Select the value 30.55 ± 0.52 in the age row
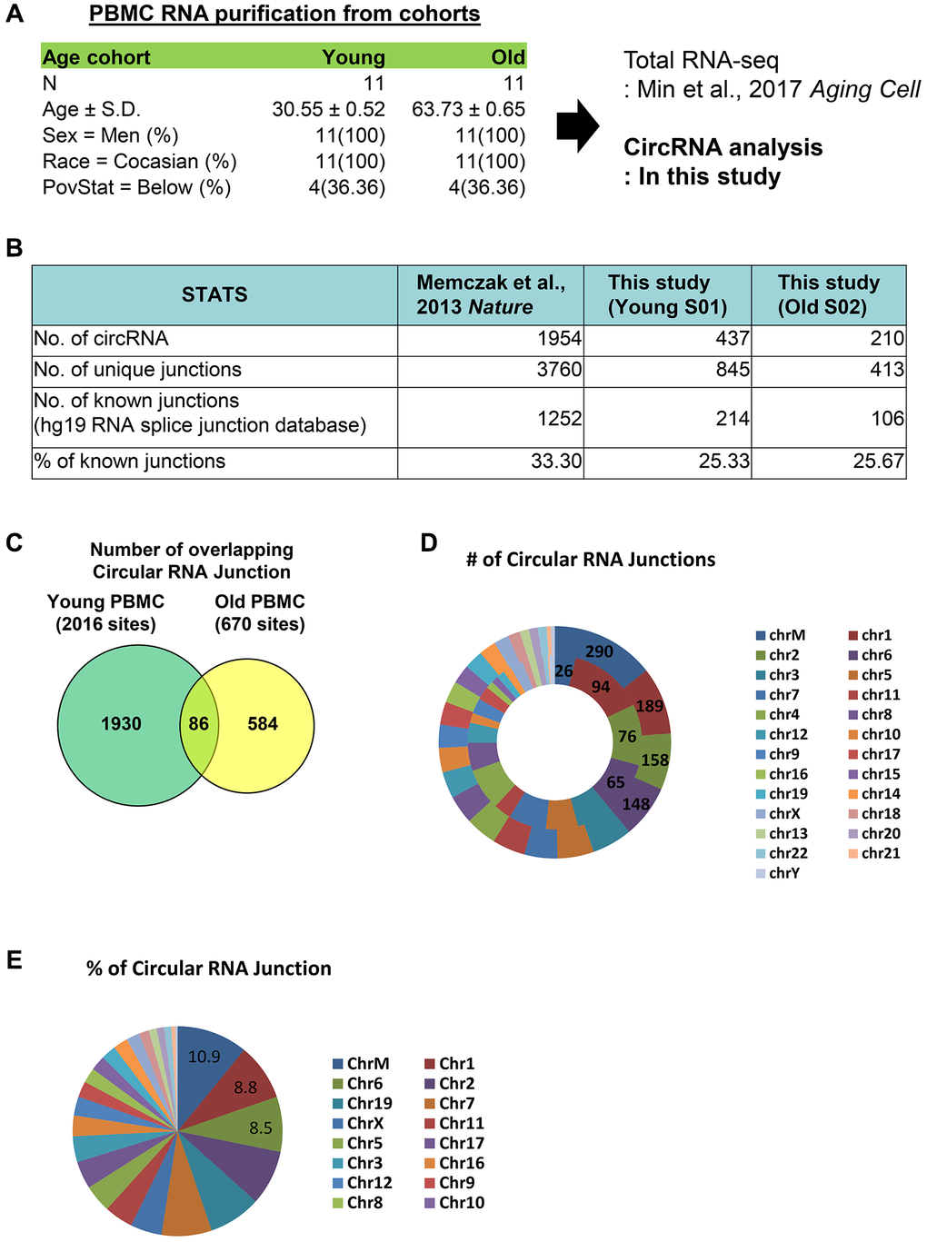[328, 110]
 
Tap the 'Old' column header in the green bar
[508, 57]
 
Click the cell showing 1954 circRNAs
[490, 340]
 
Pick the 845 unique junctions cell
[667, 370]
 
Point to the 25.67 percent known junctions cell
[829, 462]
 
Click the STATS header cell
[214, 294]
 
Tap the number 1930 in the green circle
[121, 724]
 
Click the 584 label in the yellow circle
[263, 724]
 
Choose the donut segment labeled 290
[600, 651]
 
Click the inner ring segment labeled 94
[601, 687]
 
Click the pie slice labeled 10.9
[204, 1057]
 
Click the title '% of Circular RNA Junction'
[209, 969]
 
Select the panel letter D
[428, 543]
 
